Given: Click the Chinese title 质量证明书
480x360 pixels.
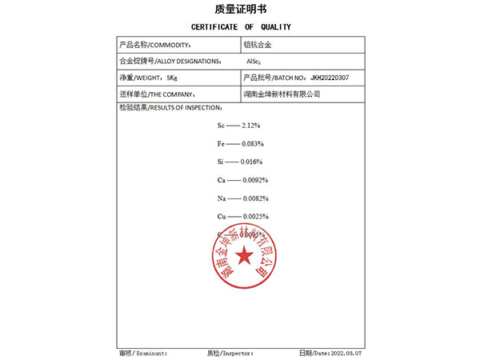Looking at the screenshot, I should [x=240, y=10].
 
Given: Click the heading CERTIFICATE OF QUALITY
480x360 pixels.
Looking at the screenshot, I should [x=241, y=27].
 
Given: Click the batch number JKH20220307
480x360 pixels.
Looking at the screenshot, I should [x=330, y=78].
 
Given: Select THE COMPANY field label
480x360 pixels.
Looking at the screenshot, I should [x=157, y=94].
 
